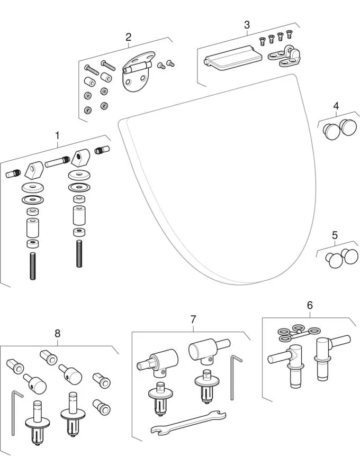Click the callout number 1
57,135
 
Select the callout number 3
247,25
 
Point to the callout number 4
336,106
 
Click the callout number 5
334,235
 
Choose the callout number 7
193,319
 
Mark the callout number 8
57,333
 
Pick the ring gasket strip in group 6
298,333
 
